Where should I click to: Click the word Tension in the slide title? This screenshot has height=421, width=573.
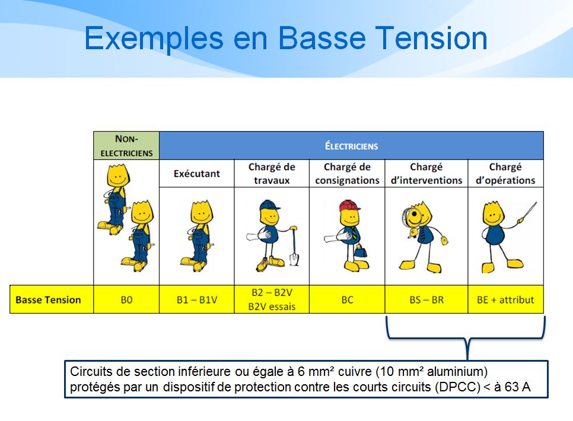pyautogui.click(x=431, y=39)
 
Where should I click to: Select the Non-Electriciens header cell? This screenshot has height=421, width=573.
pyautogui.click(x=126, y=145)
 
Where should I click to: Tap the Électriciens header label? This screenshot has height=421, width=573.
pyautogui.click(x=352, y=146)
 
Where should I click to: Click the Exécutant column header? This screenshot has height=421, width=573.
pyautogui.click(x=196, y=174)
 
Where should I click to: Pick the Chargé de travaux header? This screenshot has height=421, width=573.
pyautogui.click(x=272, y=174)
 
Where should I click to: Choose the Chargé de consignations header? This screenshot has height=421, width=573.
pyautogui.click(x=347, y=174)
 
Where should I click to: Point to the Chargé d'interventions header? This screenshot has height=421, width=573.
pyautogui.click(x=426, y=174)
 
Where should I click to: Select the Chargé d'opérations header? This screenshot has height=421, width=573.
pyautogui.click(x=505, y=174)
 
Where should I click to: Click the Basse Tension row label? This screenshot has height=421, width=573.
pyautogui.click(x=48, y=299)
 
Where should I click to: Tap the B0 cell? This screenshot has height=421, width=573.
pyautogui.click(x=126, y=299)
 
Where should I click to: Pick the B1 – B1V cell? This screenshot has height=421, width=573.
pyautogui.click(x=196, y=299)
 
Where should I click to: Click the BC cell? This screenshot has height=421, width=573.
pyautogui.click(x=347, y=299)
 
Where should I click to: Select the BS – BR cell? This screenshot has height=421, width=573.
pyautogui.click(x=426, y=299)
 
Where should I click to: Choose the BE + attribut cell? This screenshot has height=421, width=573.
pyautogui.click(x=505, y=299)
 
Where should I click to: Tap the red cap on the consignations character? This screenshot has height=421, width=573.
pyautogui.click(x=349, y=206)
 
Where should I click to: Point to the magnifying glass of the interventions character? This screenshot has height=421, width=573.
pyautogui.click(x=412, y=218)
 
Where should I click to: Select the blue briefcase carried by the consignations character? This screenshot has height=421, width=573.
pyautogui.click(x=360, y=251)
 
